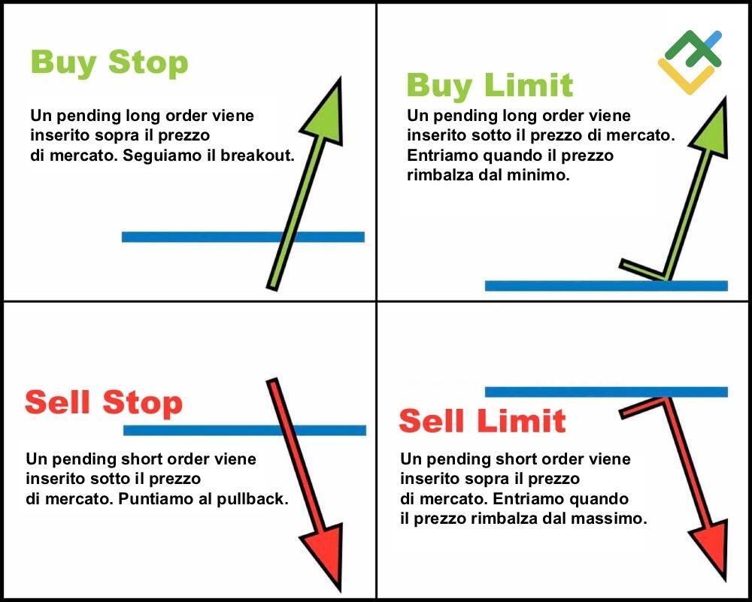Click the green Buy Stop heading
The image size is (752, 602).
pyautogui.click(x=109, y=63)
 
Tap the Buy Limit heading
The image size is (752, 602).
pyautogui.click(x=490, y=86)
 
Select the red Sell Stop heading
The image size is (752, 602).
pyautogui.click(x=104, y=403)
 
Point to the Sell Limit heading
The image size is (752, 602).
pyautogui.click(x=483, y=420)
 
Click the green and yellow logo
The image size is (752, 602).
pyautogui.click(x=690, y=62)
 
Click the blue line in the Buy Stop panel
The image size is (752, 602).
pyautogui.click(x=243, y=237)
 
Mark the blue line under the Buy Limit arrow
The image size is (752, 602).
pyautogui.click(x=606, y=286)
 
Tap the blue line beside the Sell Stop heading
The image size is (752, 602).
pyautogui.click(x=244, y=430)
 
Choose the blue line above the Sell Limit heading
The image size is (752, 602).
pyautogui.click(x=606, y=392)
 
